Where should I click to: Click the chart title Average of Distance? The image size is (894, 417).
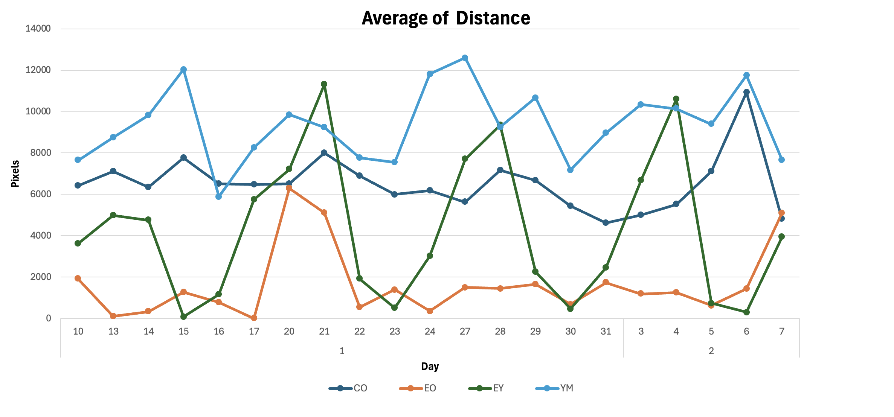[x=446, y=18]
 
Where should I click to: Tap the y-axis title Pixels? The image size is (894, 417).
[x=15, y=174]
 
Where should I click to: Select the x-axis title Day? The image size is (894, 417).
[x=430, y=367]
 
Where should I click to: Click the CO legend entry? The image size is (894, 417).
[x=360, y=388]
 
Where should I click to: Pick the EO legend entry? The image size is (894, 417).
[x=430, y=388]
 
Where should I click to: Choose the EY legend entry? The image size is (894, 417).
[x=498, y=388]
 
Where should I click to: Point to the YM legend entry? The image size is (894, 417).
[x=566, y=388]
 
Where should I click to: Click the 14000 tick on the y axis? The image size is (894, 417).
[x=38, y=29]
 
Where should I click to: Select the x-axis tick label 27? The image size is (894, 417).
[x=465, y=332]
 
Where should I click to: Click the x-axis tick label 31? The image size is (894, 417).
[x=606, y=332]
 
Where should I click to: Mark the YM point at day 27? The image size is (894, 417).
[x=465, y=58]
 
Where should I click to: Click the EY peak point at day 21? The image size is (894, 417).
[x=324, y=84]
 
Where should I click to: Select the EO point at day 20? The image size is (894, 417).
[x=289, y=188]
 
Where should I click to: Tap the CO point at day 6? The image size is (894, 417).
[x=746, y=92]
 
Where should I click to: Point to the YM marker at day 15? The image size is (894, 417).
[x=183, y=70]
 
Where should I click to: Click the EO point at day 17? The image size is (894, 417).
[x=254, y=318]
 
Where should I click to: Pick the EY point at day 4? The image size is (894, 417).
[x=676, y=99]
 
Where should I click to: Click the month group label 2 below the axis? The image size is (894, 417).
[x=711, y=351]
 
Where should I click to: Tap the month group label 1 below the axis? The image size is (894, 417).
[x=342, y=351]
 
